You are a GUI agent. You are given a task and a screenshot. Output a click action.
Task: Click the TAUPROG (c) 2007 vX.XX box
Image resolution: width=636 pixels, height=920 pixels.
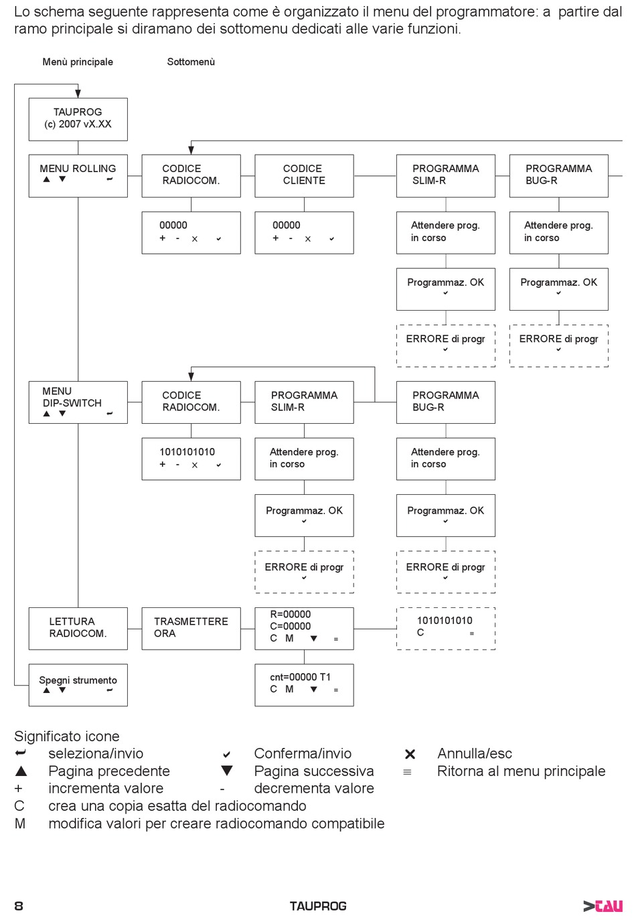pos(78,119)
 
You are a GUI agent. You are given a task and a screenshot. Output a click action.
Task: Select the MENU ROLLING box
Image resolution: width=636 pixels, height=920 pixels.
pos(78,176)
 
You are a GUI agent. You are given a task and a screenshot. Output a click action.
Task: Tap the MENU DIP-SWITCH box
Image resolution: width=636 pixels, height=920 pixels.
pos(78,402)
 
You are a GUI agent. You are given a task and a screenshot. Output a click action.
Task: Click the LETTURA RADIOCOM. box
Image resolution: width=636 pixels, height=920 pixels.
pos(78,628)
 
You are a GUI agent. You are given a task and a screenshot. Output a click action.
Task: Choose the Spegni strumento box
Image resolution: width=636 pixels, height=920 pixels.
pos(78,685)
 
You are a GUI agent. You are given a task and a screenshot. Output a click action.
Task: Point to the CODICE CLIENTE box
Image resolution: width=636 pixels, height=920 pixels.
pos(304,176)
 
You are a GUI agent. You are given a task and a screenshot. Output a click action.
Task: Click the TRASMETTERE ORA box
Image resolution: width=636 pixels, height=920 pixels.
pos(191,628)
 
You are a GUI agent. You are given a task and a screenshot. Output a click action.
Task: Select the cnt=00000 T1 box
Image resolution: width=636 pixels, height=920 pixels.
pos(304,685)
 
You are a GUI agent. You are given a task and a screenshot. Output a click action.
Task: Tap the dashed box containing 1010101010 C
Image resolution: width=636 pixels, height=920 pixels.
pos(446,628)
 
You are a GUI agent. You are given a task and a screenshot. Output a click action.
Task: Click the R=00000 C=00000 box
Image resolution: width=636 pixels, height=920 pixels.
pos(304,628)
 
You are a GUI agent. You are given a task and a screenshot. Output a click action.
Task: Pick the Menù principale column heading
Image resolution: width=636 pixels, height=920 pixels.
pos(78,62)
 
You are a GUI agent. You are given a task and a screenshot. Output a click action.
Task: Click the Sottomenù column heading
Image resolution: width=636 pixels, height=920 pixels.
pos(191,62)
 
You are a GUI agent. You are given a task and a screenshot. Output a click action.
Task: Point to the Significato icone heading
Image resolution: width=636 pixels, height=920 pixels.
pos(66,736)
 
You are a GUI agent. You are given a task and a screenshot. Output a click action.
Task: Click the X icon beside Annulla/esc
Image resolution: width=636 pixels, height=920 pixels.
pos(410,754)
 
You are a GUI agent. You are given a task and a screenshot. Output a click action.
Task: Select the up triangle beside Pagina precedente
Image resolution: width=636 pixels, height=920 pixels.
pos(21,771)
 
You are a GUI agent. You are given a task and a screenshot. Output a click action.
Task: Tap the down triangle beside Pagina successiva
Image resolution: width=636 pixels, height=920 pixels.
pos(227,771)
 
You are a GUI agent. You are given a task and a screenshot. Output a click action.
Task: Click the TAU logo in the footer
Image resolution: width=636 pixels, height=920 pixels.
pos(603,906)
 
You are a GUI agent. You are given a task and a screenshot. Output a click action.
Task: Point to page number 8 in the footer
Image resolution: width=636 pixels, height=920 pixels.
pos(19,906)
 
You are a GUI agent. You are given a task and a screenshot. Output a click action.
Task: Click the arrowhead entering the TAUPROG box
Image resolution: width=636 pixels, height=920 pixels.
pos(78,94)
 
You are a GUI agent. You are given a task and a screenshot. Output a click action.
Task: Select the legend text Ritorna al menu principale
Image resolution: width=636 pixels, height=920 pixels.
pos(521,771)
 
